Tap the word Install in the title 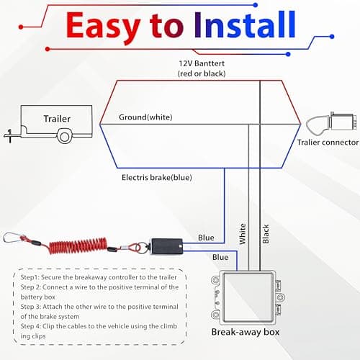tap(245, 24)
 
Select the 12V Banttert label tap(202, 63)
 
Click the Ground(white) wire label tap(145, 117)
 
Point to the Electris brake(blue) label tap(157, 178)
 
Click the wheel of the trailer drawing tap(64, 136)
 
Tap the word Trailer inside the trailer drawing tap(57, 119)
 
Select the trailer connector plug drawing tap(331, 123)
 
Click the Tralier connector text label tap(328, 143)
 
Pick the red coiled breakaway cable tap(78, 246)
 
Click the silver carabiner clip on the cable tap(14, 238)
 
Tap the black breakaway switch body tap(166, 246)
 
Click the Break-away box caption tap(246, 332)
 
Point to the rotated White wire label tap(243, 234)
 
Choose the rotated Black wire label tap(266, 234)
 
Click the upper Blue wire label tap(206, 238)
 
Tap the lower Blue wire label tap(220, 257)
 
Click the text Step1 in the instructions tap(30, 277)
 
